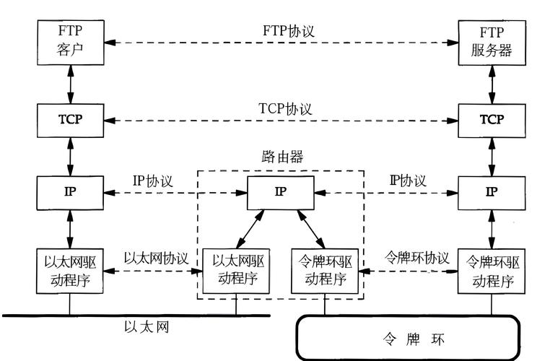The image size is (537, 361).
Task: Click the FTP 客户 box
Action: click(70, 41)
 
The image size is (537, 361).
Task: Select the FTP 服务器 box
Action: click(491, 41)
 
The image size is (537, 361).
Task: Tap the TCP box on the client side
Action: click(70, 119)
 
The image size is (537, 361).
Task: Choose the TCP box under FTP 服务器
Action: click(491, 119)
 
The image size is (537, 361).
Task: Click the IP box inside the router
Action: click(280, 192)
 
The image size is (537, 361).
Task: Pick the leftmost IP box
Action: click(70, 192)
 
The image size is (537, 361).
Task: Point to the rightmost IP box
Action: click(491, 192)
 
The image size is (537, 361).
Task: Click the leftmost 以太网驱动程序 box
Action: click(70, 269)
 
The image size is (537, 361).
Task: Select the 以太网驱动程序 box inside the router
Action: click(236, 269)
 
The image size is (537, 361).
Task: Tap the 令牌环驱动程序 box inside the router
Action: click(325, 269)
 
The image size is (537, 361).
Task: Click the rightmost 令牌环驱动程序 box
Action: click(491, 269)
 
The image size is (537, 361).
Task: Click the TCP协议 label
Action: click(285, 109)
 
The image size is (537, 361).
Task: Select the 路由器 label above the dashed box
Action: click(281, 157)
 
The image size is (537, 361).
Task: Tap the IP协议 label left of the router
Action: click(152, 180)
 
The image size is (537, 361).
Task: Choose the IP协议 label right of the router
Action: click(408, 180)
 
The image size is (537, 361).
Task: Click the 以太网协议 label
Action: click(156, 258)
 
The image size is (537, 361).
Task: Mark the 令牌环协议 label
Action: click(416, 258)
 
